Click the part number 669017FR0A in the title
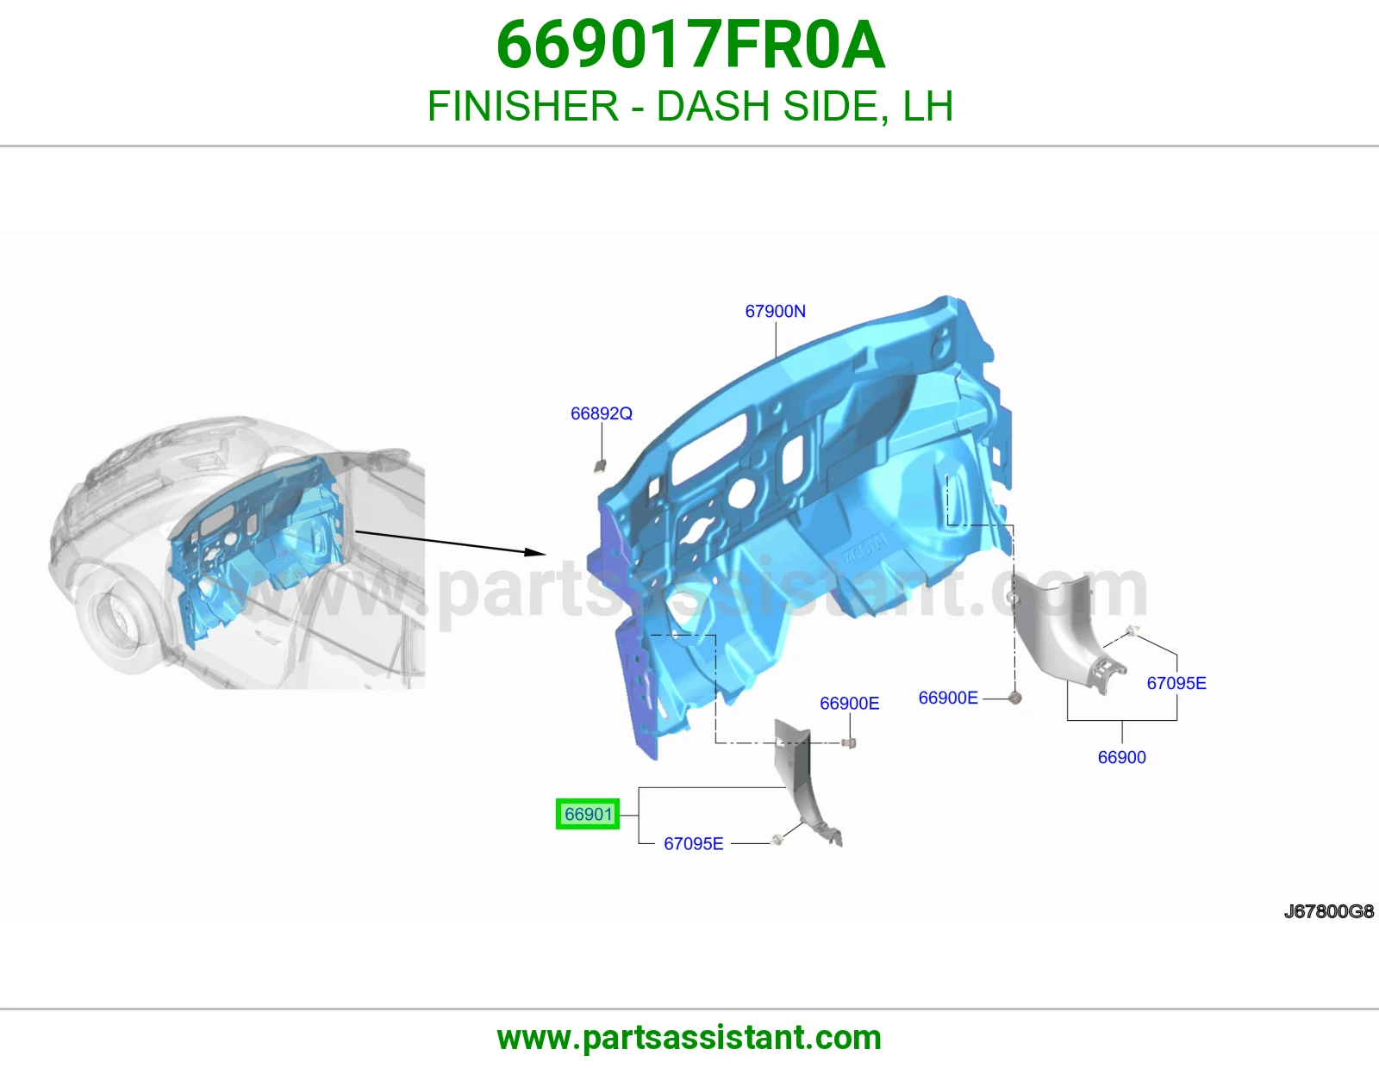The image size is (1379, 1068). click(690, 45)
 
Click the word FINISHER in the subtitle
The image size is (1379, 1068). click(523, 106)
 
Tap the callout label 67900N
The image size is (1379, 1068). click(775, 312)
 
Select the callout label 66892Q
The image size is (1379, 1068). click(601, 413)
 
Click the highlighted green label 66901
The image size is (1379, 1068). click(588, 814)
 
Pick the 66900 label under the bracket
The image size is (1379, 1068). click(1121, 757)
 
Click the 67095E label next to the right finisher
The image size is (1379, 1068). click(1176, 683)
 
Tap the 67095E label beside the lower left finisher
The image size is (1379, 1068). click(693, 843)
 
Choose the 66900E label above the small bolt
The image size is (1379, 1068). click(849, 704)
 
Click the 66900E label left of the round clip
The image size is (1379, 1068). click(948, 698)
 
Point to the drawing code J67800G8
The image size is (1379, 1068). click(1329, 911)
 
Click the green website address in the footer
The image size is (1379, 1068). click(689, 1038)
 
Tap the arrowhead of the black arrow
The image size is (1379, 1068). click(536, 552)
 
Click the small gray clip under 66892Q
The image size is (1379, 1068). click(600, 466)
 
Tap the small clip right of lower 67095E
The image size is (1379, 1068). click(777, 841)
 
